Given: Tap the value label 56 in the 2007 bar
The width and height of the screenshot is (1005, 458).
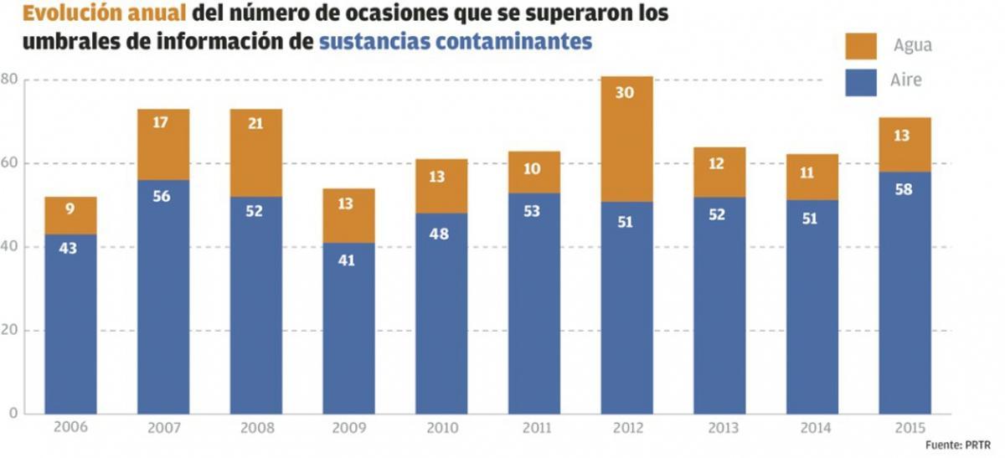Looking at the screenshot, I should coord(163,196).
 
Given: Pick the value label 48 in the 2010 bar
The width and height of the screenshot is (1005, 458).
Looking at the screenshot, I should coord(441,234).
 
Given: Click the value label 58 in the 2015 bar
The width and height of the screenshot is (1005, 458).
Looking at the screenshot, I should coord(904,188).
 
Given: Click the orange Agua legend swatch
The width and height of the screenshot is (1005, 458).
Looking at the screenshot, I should coord(861,45).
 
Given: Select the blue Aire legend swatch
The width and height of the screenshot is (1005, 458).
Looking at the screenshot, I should coord(861,82).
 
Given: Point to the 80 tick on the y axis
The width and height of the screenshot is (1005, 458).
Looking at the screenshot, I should coord(9,80).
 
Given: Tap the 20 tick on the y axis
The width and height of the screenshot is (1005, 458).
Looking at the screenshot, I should coord(9,330).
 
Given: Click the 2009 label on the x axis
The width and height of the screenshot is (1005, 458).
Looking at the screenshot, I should coord(348,427).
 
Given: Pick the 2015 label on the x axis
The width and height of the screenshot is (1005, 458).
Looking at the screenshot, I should coord(904,427).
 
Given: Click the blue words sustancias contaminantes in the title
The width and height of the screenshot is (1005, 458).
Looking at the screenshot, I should coord(456,41).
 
